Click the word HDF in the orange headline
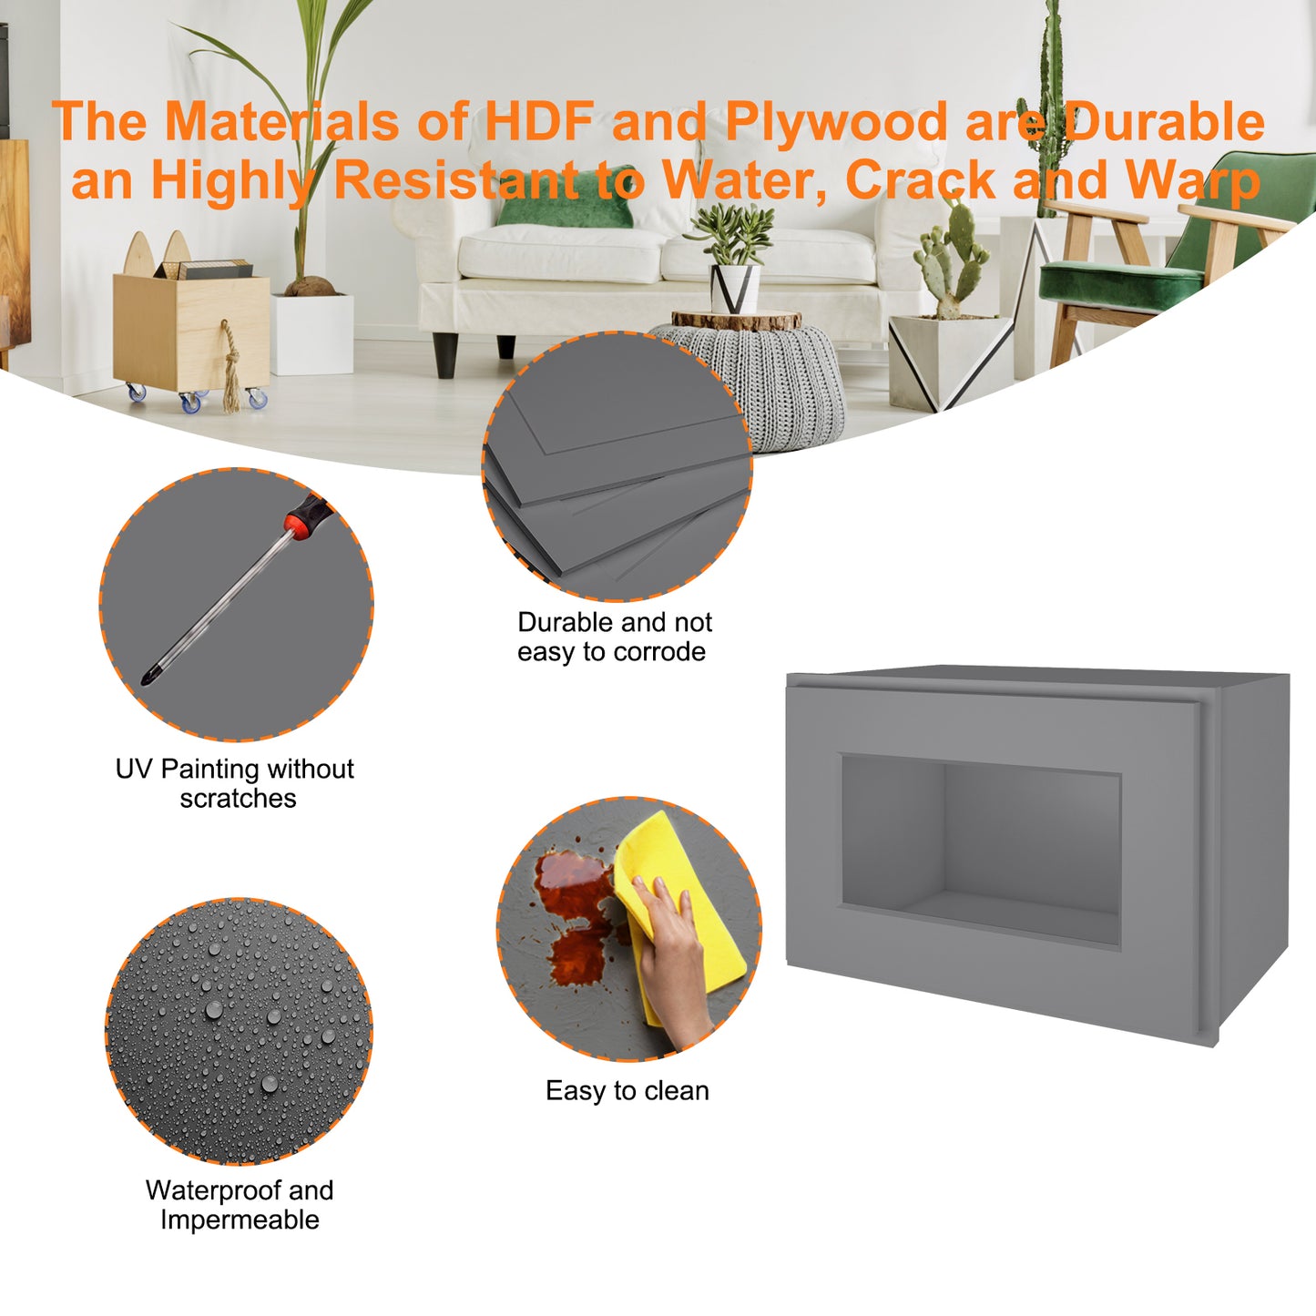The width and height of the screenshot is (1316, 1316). (539, 121)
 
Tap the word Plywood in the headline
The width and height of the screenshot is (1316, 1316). (837, 123)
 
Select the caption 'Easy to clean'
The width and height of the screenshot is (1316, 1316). (627, 1091)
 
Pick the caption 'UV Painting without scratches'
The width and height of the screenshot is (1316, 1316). (235, 783)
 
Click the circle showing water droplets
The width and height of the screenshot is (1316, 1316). (239, 1031)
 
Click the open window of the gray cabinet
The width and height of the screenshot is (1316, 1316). (981, 851)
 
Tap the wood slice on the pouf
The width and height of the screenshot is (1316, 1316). (736, 320)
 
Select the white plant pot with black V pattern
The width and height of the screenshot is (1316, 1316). (735, 289)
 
